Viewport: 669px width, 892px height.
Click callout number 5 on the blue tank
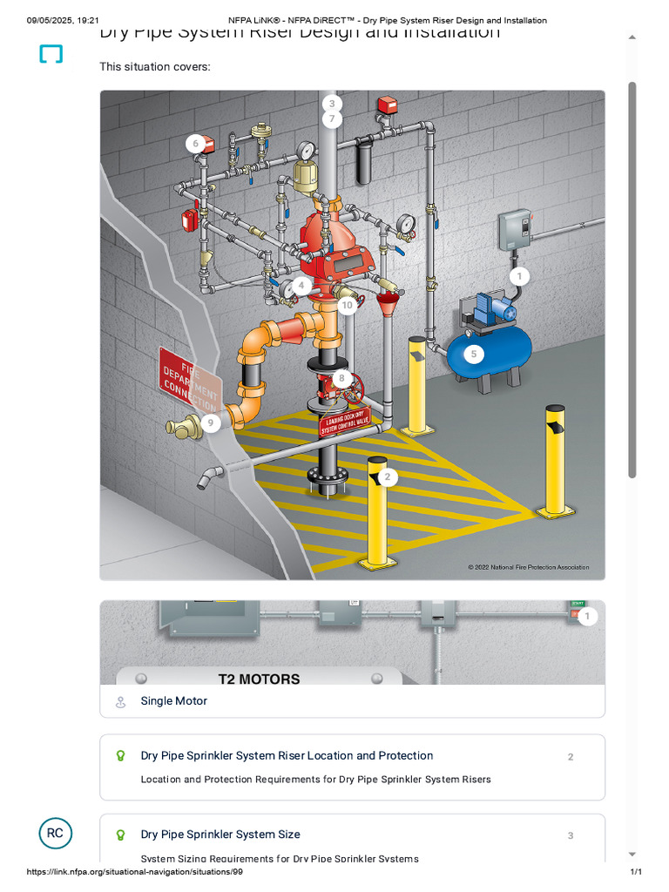[x=474, y=354]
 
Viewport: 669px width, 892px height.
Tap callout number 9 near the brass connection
[x=210, y=423]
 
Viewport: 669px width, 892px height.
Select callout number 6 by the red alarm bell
[x=196, y=144]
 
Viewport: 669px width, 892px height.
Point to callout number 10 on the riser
[x=347, y=305]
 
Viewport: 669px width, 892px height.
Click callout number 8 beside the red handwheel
[x=341, y=379]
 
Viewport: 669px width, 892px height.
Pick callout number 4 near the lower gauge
[x=301, y=285]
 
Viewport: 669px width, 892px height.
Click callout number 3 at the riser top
[x=331, y=103]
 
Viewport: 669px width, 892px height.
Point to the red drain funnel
[x=384, y=305]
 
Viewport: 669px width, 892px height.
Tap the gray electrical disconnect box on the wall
[x=515, y=229]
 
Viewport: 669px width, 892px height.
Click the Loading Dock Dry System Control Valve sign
[x=344, y=421]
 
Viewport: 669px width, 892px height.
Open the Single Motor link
[x=174, y=701]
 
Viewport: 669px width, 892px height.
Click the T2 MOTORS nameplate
[x=259, y=679]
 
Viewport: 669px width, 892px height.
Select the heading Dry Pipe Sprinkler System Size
[x=220, y=835]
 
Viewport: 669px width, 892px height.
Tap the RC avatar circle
[x=55, y=833]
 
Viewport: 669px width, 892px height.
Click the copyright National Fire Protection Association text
[x=528, y=567]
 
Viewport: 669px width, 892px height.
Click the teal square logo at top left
[x=51, y=54]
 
